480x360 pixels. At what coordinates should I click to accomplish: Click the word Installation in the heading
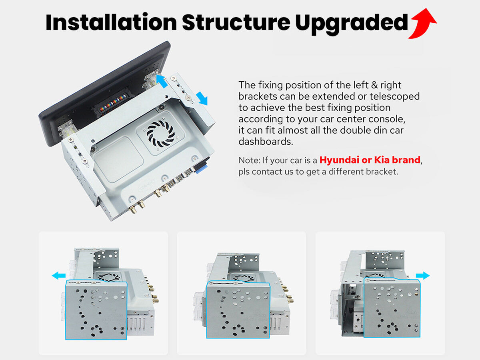point(111,22)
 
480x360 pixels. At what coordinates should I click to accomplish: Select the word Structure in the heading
point(236,22)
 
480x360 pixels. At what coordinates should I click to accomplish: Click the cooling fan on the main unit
point(160,133)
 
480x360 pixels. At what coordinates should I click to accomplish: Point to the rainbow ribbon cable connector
point(113,103)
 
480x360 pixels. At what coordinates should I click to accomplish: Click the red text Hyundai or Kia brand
point(370,160)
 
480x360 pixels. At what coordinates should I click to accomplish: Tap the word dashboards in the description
point(266,142)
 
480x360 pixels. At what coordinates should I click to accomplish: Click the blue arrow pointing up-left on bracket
point(162,81)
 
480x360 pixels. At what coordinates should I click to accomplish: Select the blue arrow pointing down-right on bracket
point(202,98)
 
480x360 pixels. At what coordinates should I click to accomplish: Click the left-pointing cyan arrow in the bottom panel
point(59,276)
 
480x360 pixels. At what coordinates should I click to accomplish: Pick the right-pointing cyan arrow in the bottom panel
point(423,276)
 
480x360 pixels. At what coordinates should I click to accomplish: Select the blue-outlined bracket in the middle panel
point(238,310)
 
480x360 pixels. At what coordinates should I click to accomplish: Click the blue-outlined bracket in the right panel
point(392,308)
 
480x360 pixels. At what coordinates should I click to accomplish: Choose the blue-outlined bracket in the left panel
point(96,310)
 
